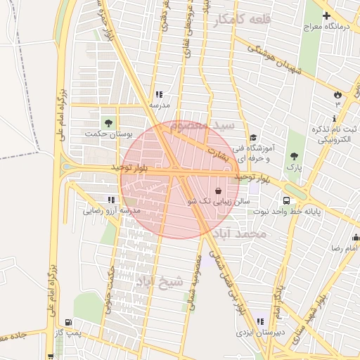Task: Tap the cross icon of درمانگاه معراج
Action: tap(326, 15)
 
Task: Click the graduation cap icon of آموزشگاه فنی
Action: tap(253, 138)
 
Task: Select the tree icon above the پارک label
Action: tap(294, 156)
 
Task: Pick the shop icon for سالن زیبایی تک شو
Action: tap(218, 191)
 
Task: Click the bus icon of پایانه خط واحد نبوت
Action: tap(285, 200)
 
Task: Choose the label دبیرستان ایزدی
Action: tap(259, 330)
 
